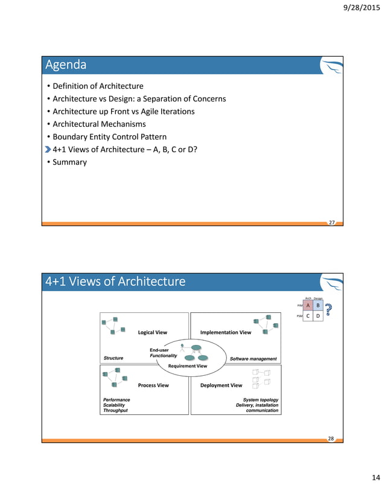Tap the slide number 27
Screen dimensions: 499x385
tap(331, 222)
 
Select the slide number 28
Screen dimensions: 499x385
tap(331, 439)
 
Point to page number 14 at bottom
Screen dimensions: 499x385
tap(375, 478)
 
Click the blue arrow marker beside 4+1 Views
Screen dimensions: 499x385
tap(48, 149)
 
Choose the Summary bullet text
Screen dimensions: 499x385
tap(70, 162)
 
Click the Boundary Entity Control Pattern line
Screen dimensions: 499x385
tap(109, 137)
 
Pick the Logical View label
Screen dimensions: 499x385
tap(153, 332)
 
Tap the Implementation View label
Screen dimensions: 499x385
tap(226, 332)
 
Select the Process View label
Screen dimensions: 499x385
tap(153, 385)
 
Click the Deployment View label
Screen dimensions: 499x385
tap(221, 385)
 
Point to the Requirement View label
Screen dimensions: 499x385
tap(188, 366)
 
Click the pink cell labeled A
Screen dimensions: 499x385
tap(308, 306)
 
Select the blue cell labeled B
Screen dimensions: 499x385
tap(318, 306)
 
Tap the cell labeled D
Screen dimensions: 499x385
tap(318, 315)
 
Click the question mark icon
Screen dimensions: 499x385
tap(329, 309)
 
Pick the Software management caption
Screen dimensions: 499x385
tap(253, 359)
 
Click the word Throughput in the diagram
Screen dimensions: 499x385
tap(115, 411)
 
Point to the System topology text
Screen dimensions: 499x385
tap(261, 399)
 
